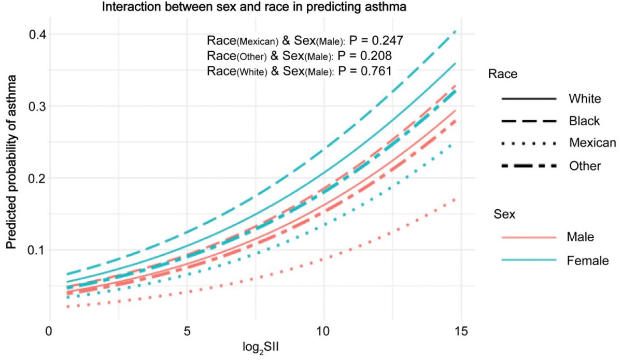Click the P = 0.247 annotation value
coord(371,40)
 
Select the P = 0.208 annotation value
coord(364,55)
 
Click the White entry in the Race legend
coord(585,98)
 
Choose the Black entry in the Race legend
coord(584,121)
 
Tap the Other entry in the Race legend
coord(585,166)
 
